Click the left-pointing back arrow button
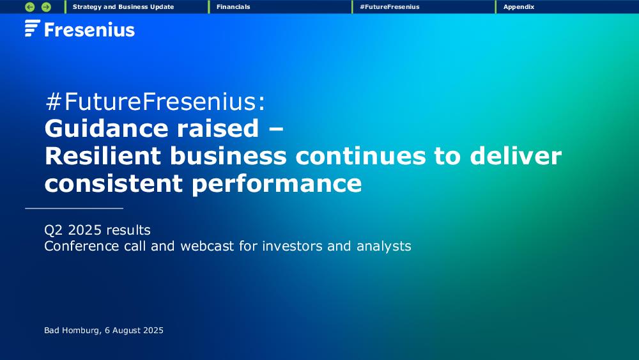[x=30, y=7]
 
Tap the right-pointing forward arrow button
[x=47, y=7]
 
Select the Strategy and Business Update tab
[x=123, y=7]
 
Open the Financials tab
[x=233, y=7]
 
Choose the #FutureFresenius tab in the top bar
[x=390, y=7]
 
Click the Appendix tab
[x=519, y=7]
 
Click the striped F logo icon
[x=33, y=28]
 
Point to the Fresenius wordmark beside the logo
[x=89, y=30]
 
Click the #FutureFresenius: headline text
[x=155, y=102]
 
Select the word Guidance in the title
[x=106, y=129]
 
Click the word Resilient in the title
[x=103, y=156]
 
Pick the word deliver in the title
[x=516, y=156]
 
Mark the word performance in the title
[x=277, y=184]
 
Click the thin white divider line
[x=74, y=208]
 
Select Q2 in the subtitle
[x=54, y=230]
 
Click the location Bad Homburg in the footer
[x=72, y=331]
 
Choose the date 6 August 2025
[x=134, y=331]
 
